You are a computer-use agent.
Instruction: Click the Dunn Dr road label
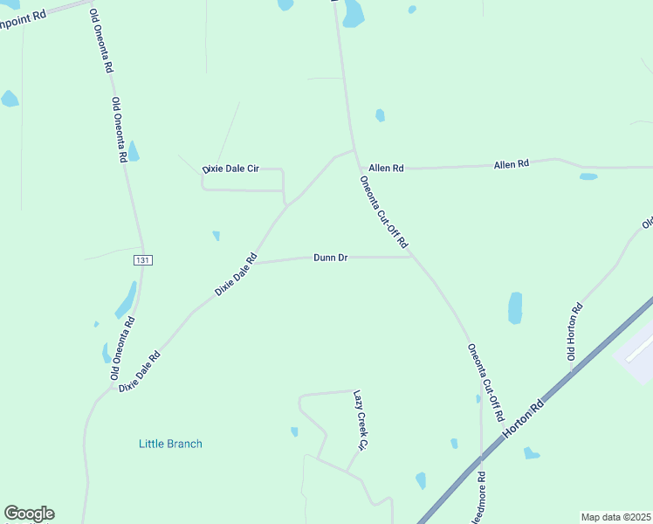click(331, 258)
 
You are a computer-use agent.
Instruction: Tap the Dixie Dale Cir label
click(231, 169)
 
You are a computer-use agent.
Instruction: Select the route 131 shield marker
click(144, 260)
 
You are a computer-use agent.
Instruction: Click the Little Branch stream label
click(170, 444)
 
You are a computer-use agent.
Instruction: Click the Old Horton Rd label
click(574, 332)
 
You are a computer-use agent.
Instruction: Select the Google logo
click(29, 514)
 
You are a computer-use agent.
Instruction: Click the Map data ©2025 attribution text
click(615, 517)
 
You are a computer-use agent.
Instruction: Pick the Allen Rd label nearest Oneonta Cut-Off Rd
click(386, 168)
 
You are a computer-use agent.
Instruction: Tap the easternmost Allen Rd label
click(512, 164)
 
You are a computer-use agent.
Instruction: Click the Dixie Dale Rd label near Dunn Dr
click(236, 273)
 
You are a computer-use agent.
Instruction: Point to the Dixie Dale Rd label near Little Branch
click(141, 371)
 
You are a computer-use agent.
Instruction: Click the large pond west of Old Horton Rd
click(515, 308)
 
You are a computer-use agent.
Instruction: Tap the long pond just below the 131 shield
click(126, 300)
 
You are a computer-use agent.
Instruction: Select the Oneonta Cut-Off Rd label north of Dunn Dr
click(384, 210)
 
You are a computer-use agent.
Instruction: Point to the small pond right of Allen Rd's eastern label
click(588, 176)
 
